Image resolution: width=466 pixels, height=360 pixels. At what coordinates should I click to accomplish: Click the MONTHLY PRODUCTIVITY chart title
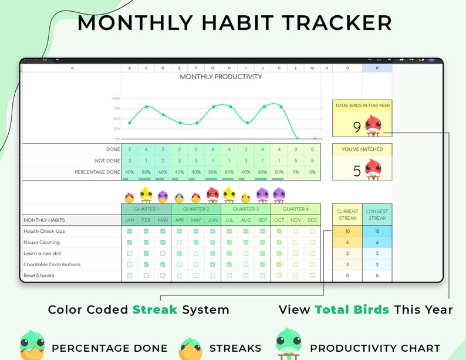tap(221, 77)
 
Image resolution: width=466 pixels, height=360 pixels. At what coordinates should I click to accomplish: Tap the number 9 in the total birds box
tap(357, 127)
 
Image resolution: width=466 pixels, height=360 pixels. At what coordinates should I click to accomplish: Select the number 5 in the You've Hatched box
tap(357, 171)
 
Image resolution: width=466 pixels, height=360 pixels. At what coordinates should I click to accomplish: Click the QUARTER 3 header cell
tap(246, 209)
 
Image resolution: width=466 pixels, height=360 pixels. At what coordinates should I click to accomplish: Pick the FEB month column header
tap(146, 220)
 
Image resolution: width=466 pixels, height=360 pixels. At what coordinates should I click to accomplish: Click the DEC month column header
tap(312, 220)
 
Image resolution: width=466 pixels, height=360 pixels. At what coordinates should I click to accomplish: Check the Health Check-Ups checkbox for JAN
tap(130, 231)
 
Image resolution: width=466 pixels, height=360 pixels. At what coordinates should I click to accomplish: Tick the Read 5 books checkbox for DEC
tap(312, 276)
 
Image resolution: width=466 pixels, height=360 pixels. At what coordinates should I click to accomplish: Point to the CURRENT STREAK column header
tap(347, 215)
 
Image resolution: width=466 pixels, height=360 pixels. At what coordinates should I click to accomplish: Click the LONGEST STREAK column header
tap(377, 215)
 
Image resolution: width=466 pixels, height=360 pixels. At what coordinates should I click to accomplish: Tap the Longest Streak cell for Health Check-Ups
tap(377, 231)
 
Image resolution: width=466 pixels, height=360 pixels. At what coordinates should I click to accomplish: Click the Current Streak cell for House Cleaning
tap(347, 242)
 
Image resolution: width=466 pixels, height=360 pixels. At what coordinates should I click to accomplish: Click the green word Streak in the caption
tap(155, 310)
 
